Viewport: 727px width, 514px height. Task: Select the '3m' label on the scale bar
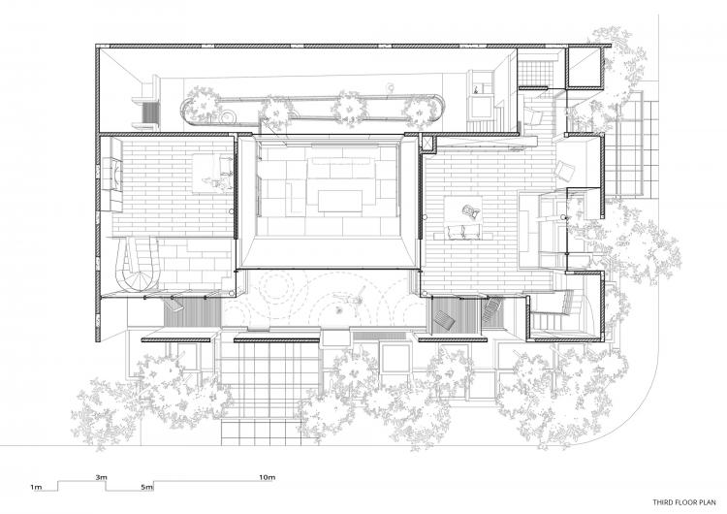(102, 478)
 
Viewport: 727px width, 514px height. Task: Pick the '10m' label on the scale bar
(267, 478)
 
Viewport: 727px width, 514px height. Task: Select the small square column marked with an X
(429, 143)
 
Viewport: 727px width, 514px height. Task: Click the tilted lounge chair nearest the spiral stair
(175, 304)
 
